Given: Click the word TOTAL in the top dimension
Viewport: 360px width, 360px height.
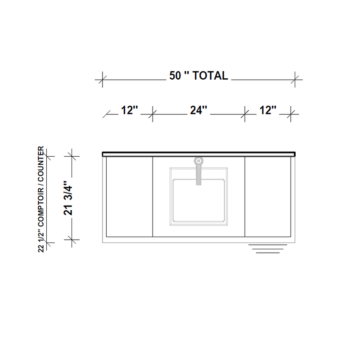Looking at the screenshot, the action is [210, 76].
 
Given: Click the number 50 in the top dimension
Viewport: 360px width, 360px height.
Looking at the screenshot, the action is [175, 76].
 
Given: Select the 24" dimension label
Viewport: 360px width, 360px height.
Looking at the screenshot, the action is [198, 110].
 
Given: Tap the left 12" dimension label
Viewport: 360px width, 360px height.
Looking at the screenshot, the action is [130, 110].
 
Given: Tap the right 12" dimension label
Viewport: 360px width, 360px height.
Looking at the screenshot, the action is [268, 110].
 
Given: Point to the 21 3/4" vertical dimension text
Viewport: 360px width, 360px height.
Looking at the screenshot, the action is [68, 198].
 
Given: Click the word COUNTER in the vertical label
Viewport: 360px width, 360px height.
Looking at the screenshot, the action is [40, 163].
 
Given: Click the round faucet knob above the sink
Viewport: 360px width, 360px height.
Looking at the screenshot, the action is [198, 161].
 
